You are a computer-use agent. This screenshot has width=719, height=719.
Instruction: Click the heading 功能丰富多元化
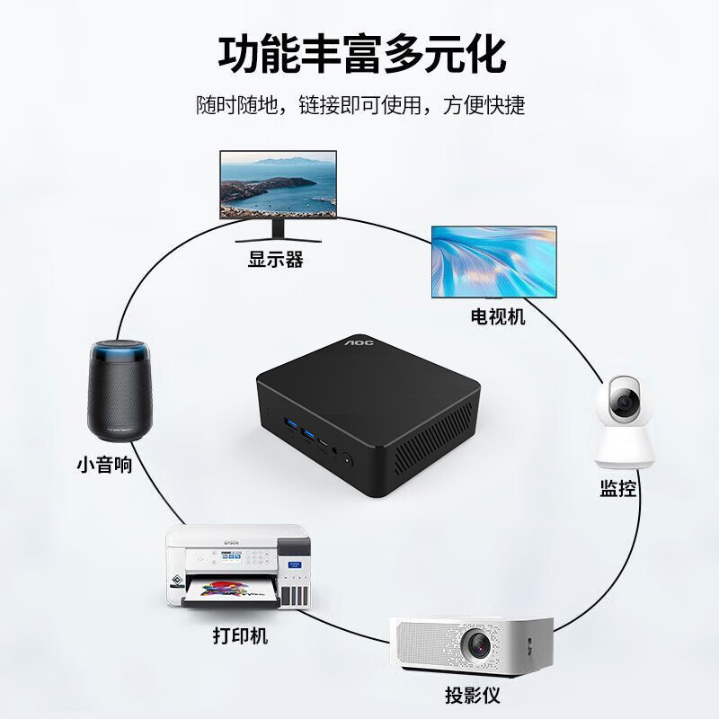pyautogui.click(x=361, y=55)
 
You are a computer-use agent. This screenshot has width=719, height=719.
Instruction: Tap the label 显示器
pyautogui.click(x=276, y=259)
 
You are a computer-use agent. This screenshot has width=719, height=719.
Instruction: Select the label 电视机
pyautogui.click(x=498, y=316)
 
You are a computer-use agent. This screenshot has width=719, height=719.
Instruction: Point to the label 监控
pyautogui.click(x=618, y=488)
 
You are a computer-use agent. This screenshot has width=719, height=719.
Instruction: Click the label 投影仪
pyautogui.click(x=473, y=695)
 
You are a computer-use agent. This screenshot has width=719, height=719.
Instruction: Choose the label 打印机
pyautogui.click(x=240, y=636)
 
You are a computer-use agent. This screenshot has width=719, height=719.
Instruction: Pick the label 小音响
pyautogui.click(x=104, y=465)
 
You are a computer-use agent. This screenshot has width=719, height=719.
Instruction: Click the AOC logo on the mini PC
pyautogui.click(x=359, y=342)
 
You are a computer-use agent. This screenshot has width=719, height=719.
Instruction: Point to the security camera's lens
pyautogui.click(x=624, y=403)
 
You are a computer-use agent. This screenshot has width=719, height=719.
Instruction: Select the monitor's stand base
pyautogui.click(x=279, y=239)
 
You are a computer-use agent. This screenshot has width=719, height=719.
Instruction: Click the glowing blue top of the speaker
pyautogui.click(x=120, y=352)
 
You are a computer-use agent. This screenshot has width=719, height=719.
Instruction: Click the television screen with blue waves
pyautogui.click(x=494, y=262)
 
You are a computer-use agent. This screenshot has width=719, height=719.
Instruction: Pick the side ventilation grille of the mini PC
pyautogui.click(x=434, y=439)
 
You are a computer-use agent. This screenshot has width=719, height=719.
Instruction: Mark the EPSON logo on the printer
pyautogui.click(x=231, y=542)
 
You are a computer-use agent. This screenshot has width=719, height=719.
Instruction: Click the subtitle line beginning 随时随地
pyautogui.click(x=361, y=105)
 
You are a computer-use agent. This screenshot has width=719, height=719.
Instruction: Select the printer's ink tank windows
pyautogui.click(x=295, y=596)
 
